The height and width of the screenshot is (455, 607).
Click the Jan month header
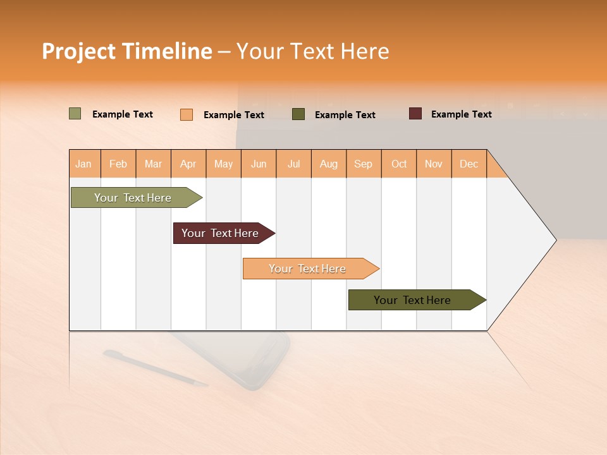[83, 164]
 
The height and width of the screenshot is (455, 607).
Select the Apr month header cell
[188, 164]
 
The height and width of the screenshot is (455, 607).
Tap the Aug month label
[329, 164]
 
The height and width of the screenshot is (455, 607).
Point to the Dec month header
[469, 164]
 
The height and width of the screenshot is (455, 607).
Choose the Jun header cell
[259, 164]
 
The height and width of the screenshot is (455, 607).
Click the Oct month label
[399, 164]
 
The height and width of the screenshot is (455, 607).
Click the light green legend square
[75, 114]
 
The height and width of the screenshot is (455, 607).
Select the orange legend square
[187, 114]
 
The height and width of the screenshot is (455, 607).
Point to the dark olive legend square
[298, 114]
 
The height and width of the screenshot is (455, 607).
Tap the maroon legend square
[415, 114]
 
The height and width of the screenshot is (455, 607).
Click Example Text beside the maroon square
[461, 114]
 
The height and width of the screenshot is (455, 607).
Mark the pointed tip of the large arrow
[555, 240]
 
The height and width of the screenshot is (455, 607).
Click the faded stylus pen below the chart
[155, 368]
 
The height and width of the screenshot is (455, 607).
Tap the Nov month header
[434, 164]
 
